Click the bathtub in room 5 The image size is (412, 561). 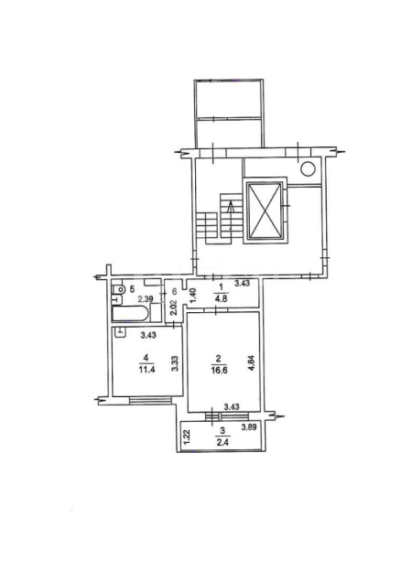pos(130,314)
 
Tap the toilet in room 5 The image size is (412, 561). pos(118,288)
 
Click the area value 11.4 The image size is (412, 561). pos(146,370)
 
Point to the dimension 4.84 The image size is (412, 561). pos(252,362)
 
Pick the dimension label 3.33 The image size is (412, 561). pos(175,362)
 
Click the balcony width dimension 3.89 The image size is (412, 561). pos(249,426)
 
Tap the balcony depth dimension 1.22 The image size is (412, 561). pos(187,437)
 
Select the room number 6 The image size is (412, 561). pos(175,291)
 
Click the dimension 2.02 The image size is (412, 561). pos(174,307)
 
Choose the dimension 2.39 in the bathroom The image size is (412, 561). pos(146,297)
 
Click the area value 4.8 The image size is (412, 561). pos(222,298)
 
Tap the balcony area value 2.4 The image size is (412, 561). pos(222,442)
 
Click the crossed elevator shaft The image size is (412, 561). pos(265,210)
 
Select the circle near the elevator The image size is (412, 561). pos(308,168)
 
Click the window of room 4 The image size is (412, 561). pos(150,400)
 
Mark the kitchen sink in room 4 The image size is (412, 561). pos(120,333)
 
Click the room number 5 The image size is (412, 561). pos(132,287)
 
